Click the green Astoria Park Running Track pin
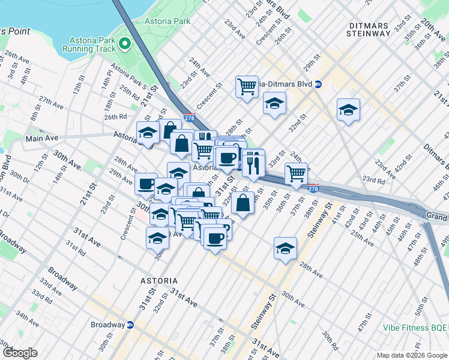(x=125, y=43)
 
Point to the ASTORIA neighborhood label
(x=158, y=280)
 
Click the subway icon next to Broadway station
(x=130, y=325)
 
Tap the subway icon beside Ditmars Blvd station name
(x=318, y=84)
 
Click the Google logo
(x=19, y=353)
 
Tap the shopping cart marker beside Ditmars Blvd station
(x=247, y=87)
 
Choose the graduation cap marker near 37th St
(x=348, y=110)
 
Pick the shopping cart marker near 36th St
(x=296, y=173)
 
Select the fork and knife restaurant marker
(x=253, y=163)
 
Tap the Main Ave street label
(x=41, y=139)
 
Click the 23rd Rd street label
(x=373, y=180)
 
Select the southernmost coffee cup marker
(x=215, y=238)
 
